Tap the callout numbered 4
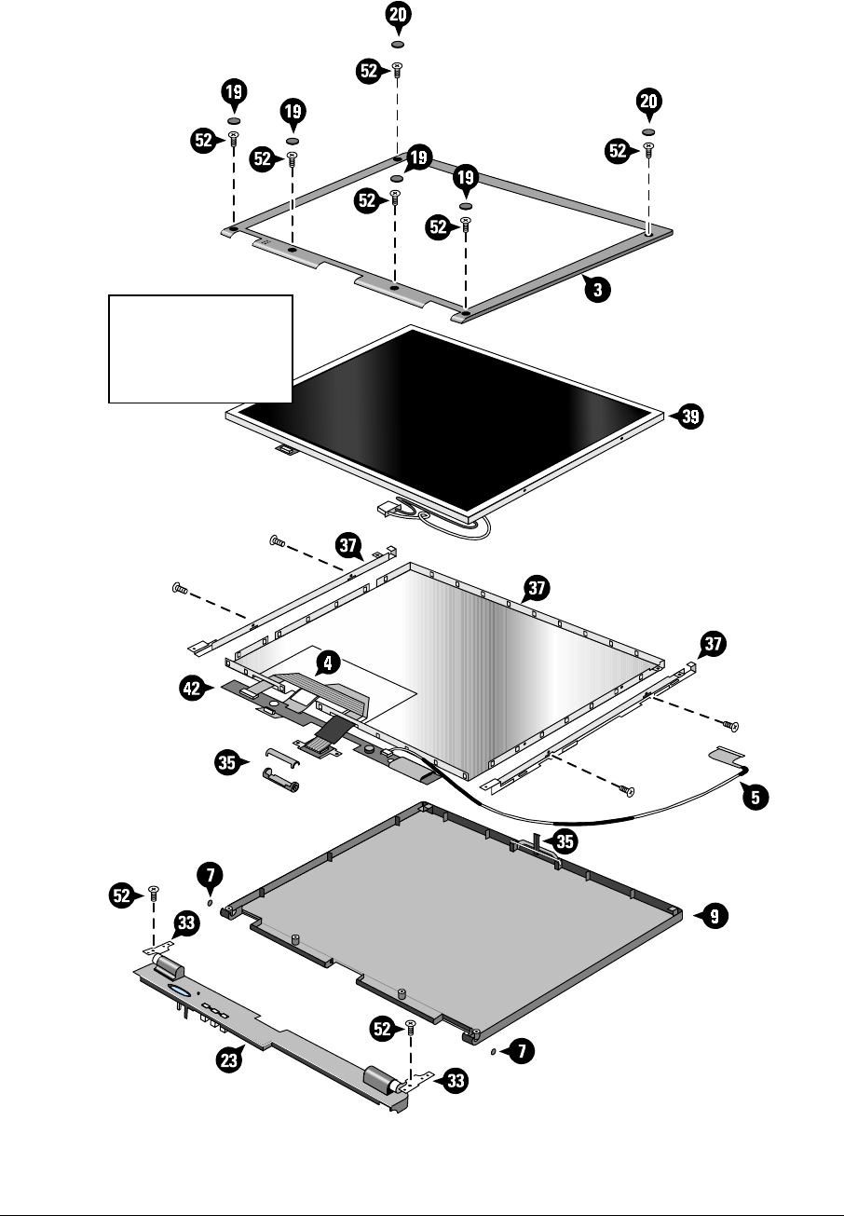coord(325,663)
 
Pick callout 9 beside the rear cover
coord(713,917)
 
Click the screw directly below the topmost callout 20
coord(398,68)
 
